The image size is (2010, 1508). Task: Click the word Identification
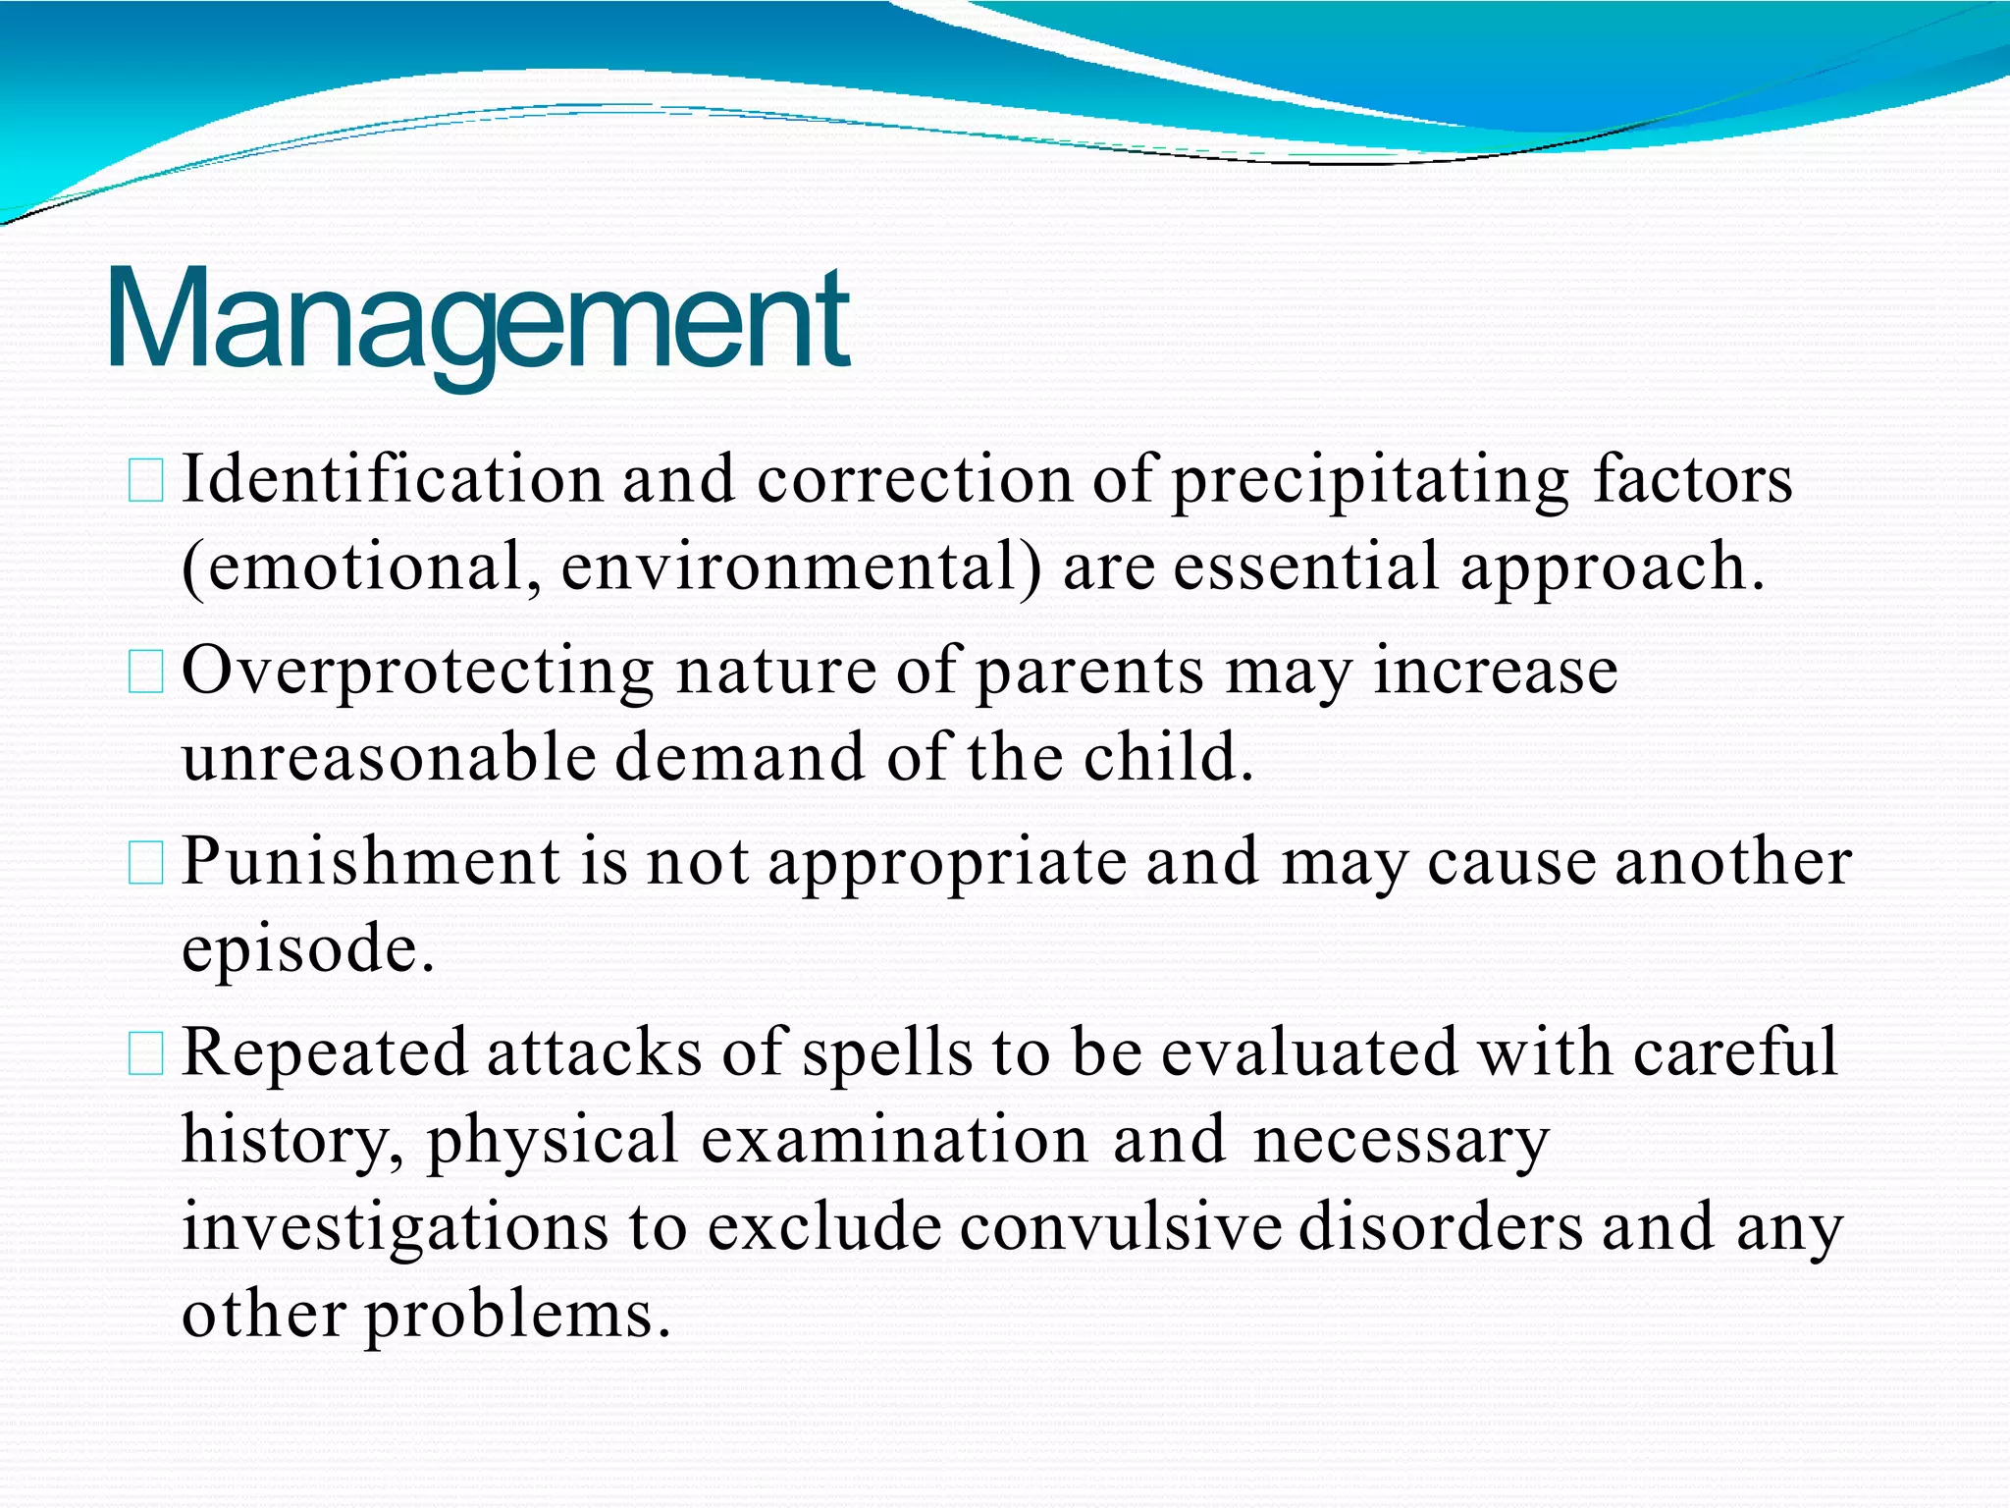[393, 480]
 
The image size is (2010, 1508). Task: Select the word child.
[1168, 758]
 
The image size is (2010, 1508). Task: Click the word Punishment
[371, 862]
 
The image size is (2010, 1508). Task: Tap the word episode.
[307, 950]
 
